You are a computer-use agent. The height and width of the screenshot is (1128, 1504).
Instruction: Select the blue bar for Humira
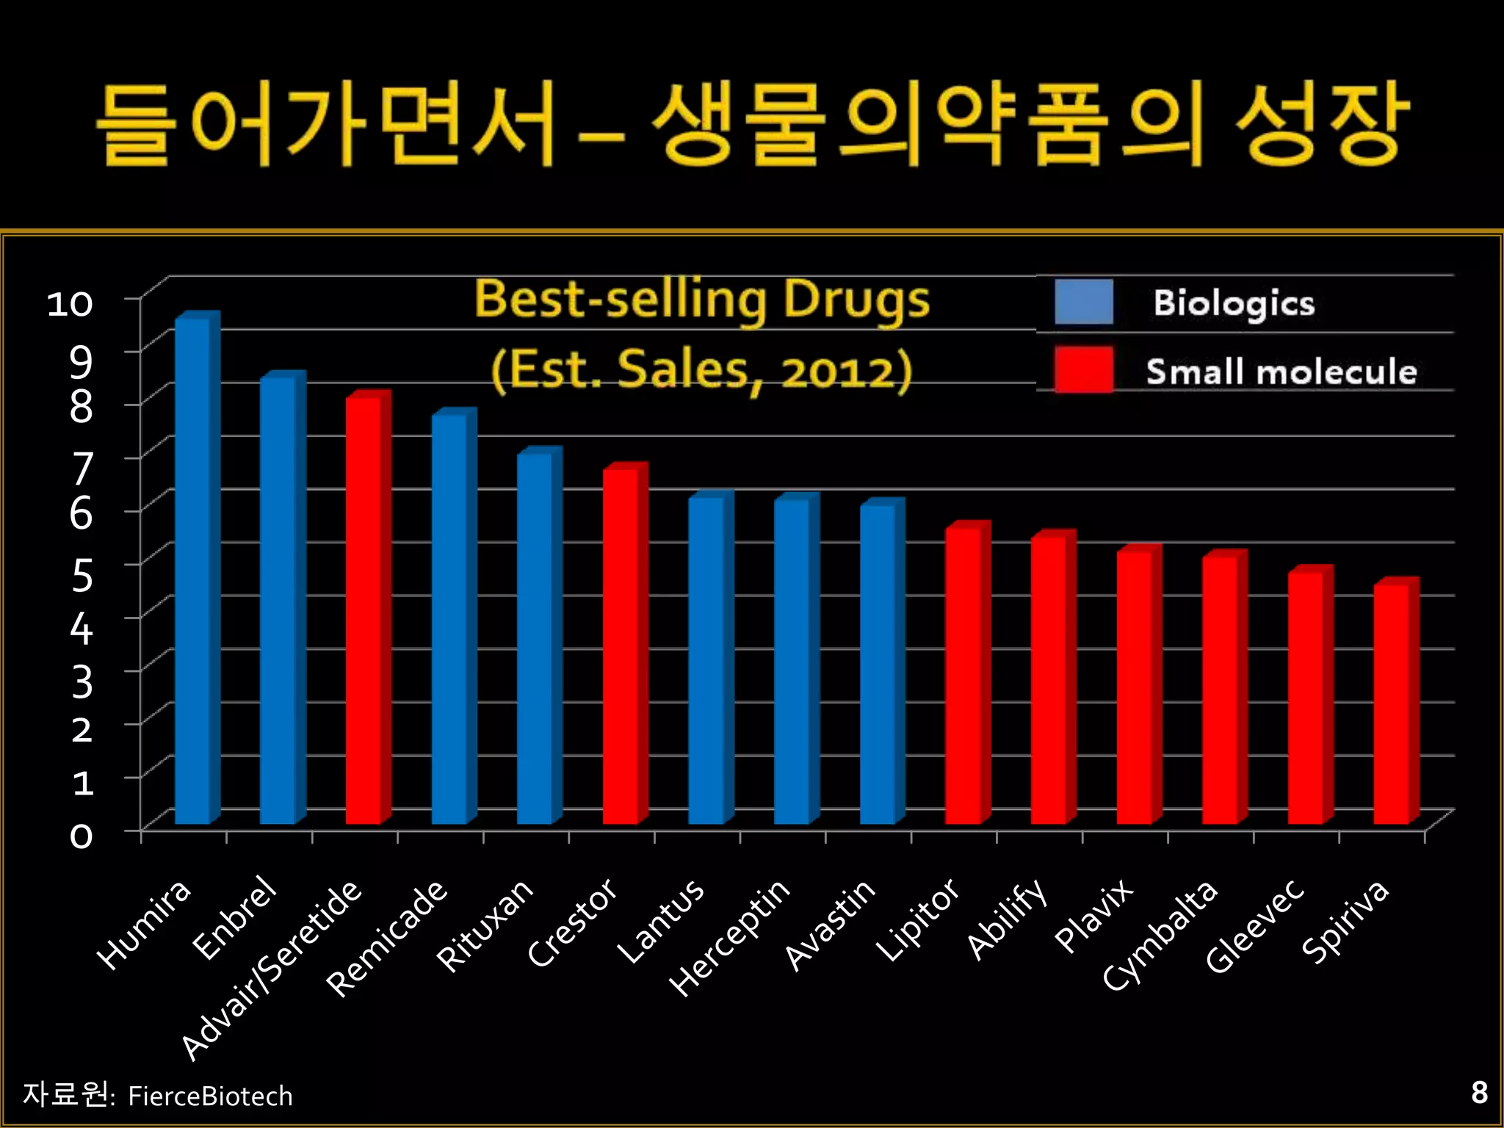pos(192,573)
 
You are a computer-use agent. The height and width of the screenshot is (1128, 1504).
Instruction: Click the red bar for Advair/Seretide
pos(364,610)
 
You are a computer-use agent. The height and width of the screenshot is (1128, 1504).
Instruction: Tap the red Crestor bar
pos(621,646)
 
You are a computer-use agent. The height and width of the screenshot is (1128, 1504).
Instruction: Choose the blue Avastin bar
pos(878,665)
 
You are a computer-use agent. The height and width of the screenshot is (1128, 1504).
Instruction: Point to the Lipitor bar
pos(963,676)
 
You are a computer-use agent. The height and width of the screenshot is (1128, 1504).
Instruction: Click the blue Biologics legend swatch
pos(1083,302)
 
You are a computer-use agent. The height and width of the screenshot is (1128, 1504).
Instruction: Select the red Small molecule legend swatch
pos(1083,369)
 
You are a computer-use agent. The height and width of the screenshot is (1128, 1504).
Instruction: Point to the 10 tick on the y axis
pos(70,303)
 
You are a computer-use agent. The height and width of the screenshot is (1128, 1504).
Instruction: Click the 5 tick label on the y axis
pos(82,574)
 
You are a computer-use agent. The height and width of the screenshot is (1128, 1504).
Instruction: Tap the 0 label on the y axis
pos(81,836)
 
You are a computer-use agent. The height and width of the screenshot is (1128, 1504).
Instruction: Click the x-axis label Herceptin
pos(730,939)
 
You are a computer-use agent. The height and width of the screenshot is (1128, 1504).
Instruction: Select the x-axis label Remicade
pos(387,939)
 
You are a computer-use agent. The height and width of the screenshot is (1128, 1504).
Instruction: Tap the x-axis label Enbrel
pos(235,918)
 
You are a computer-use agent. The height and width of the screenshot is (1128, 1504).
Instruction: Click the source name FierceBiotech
pos(210,1096)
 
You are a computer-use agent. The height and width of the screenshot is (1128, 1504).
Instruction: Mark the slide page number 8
pos(1479,1093)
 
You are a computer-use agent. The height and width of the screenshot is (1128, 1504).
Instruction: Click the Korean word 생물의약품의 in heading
pos(929,125)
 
